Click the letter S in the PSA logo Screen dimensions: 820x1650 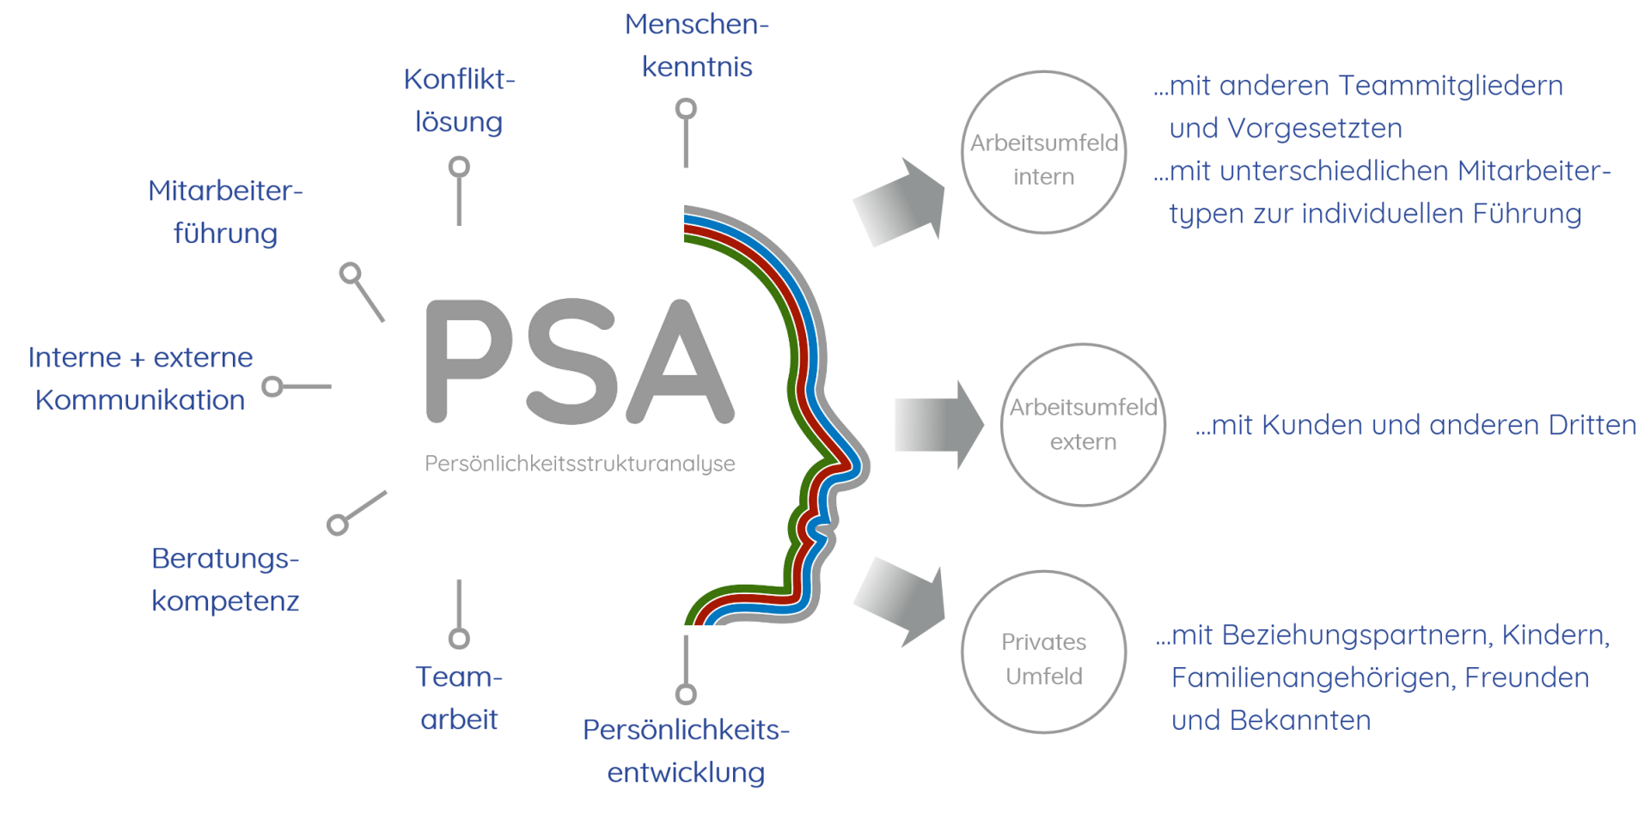coord(571,361)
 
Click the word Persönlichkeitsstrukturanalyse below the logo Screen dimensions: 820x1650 coord(580,464)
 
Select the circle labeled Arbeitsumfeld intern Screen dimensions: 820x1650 coord(1044,153)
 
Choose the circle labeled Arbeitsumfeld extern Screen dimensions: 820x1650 coord(1083,425)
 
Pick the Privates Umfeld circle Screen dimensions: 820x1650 coord(1044,653)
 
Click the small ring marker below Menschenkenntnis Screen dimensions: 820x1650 coord(686,109)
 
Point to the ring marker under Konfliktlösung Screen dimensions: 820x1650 coord(460,167)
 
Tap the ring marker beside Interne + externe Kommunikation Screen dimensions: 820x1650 coord(272,386)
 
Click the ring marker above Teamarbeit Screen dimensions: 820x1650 coord(460,638)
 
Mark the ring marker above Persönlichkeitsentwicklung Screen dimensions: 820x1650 coord(686,694)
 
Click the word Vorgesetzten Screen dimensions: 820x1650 coord(1315,129)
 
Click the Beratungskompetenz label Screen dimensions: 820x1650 coord(225,580)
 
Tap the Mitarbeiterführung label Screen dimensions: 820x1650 coord(225,212)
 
